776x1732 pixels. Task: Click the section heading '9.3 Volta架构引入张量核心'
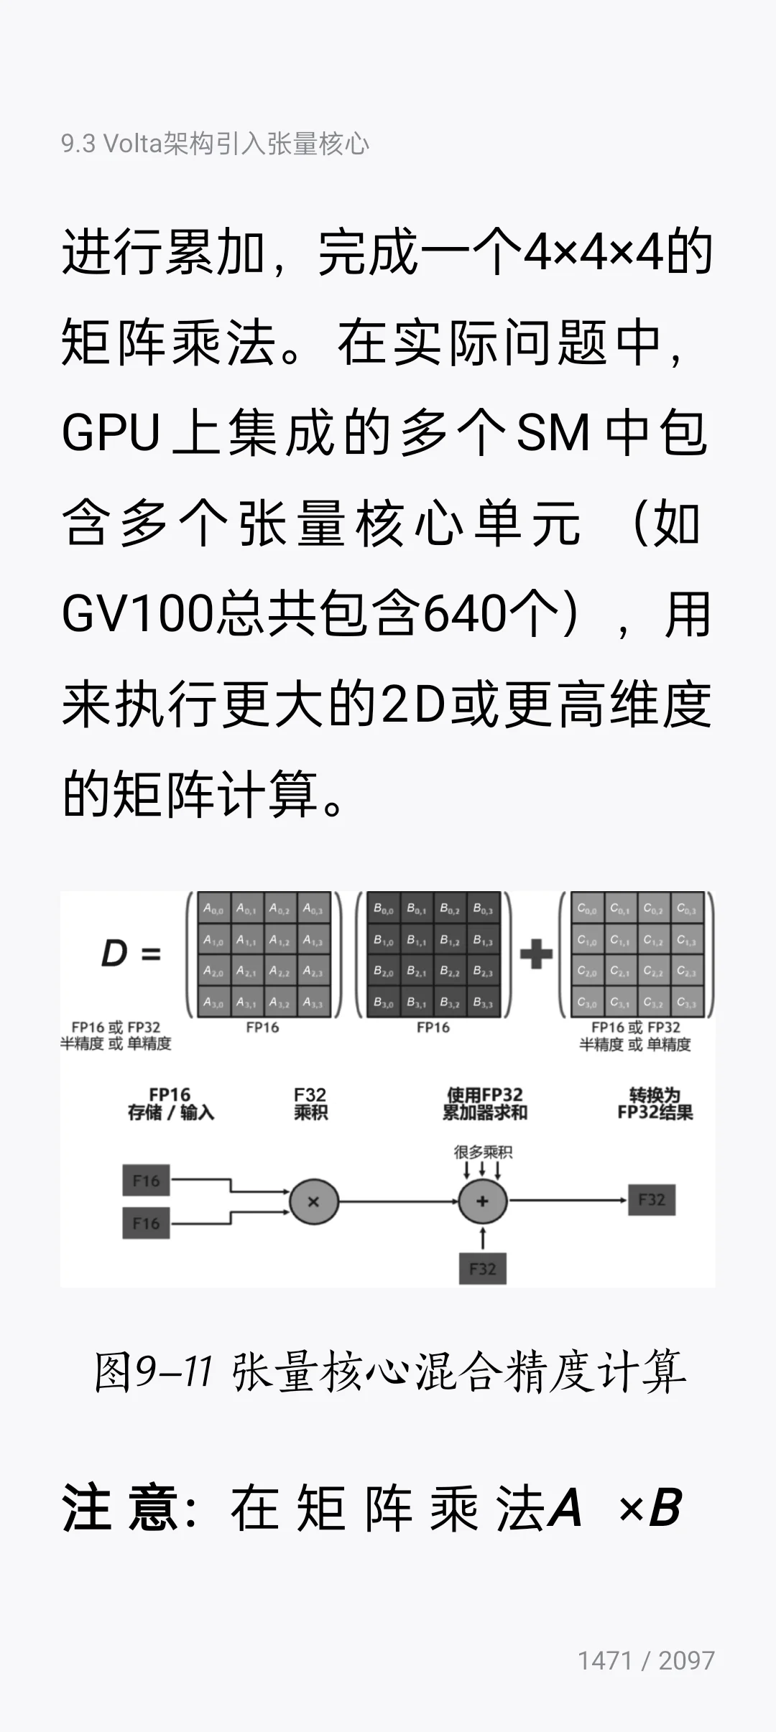pyautogui.click(x=215, y=144)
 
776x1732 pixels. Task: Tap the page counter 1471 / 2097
pyautogui.click(x=646, y=1660)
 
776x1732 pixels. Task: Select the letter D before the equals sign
pyautogui.click(x=114, y=954)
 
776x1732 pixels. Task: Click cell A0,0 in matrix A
pyautogui.click(x=213, y=908)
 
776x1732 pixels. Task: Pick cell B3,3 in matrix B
pyautogui.click(x=483, y=1002)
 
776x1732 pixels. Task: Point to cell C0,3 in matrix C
pyautogui.click(x=686, y=908)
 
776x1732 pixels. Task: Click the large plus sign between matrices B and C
pyautogui.click(x=536, y=954)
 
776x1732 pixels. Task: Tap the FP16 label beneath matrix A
pyautogui.click(x=262, y=1028)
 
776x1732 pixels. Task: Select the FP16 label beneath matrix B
pyautogui.click(x=433, y=1028)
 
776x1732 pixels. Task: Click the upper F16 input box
pyautogui.click(x=146, y=1181)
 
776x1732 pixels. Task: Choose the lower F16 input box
pyautogui.click(x=146, y=1223)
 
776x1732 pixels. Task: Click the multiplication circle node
pyautogui.click(x=313, y=1201)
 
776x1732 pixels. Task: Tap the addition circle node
pyautogui.click(x=483, y=1201)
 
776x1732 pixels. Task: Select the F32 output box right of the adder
pyautogui.click(x=652, y=1199)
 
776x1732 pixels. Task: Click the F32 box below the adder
pyautogui.click(x=483, y=1269)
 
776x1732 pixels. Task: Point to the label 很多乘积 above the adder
pyautogui.click(x=483, y=1153)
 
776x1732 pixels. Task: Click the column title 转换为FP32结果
pyautogui.click(x=655, y=1104)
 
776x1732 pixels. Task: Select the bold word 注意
pyautogui.click(x=121, y=1508)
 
